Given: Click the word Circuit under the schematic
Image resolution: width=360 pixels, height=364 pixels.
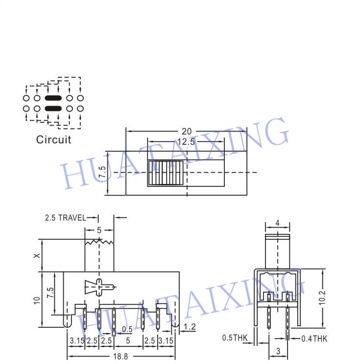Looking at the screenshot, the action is (53, 140).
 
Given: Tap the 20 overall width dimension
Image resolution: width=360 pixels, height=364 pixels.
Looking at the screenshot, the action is (187, 132).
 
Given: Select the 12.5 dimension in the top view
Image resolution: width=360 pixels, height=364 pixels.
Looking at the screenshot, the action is (186, 142).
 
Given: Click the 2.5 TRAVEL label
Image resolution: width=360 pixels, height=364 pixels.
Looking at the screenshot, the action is (65, 218).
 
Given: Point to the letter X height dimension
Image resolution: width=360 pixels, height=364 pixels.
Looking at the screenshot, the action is (37, 255).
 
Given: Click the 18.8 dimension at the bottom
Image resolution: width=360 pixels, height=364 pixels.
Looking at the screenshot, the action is (120, 356).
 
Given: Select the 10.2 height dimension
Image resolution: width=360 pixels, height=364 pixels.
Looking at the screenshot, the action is (322, 298).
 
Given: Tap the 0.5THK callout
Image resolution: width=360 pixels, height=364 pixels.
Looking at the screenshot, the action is (235, 338).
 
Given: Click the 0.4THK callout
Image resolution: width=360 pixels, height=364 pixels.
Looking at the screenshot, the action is (314, 339).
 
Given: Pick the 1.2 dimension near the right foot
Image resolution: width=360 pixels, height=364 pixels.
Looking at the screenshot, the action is (190, 327).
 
